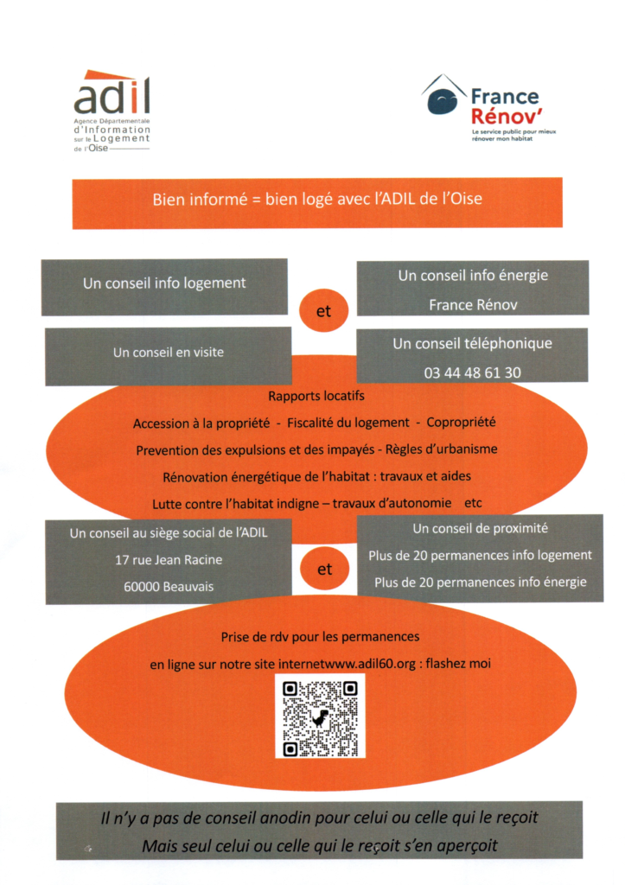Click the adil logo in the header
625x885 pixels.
point(112,111)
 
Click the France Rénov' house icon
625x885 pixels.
point(444,95)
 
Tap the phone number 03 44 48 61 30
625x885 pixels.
point(473,372)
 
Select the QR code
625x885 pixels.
point(320,716)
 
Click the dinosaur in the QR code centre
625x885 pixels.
point(320,718)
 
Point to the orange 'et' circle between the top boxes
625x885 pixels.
point(323,310)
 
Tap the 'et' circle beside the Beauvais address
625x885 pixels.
point(325,569)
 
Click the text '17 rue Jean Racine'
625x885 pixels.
point(169,560)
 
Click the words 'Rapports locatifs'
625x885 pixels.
point(316,396)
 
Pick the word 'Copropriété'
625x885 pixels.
point(461,423)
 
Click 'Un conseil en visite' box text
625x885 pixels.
point(169,353)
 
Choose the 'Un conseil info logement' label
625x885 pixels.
point(164,283)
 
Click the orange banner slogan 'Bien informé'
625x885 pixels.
point(200,200)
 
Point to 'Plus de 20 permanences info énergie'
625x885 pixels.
point(481,583)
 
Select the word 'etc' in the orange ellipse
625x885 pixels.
point(473,503)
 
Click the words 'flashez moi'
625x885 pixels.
point(458,664)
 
